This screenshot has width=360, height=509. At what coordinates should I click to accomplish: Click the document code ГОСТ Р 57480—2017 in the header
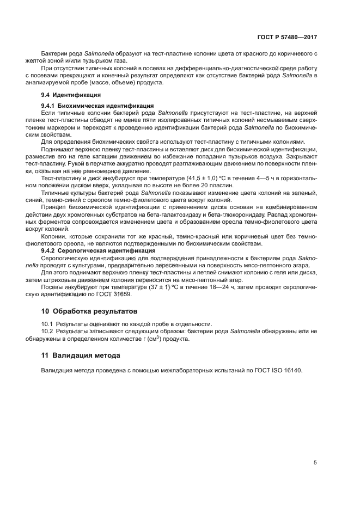pyautogui.click(x=286, y=38)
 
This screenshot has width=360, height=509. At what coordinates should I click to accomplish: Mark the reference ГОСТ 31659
pyautogui.click(x=115, y=295)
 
